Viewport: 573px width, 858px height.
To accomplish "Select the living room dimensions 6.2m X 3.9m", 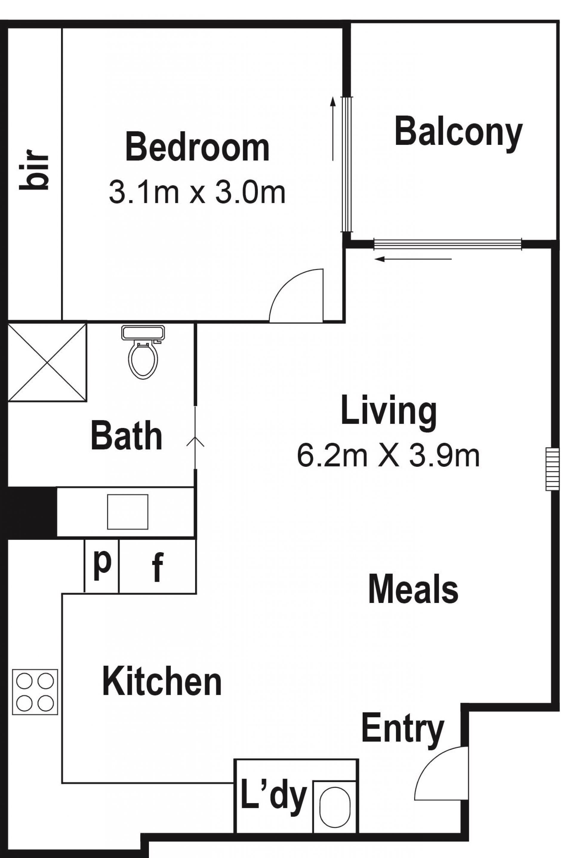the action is tap(388, 456).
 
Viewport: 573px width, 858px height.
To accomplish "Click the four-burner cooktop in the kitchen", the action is tap(35, 692).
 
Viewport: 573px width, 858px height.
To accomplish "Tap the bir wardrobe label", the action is tap(34, 170).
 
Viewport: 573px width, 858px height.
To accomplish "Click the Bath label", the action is tap(127, 435).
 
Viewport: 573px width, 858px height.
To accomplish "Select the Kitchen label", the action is tap(162, 682).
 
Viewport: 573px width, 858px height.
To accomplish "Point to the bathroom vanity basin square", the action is tap(127, 512).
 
